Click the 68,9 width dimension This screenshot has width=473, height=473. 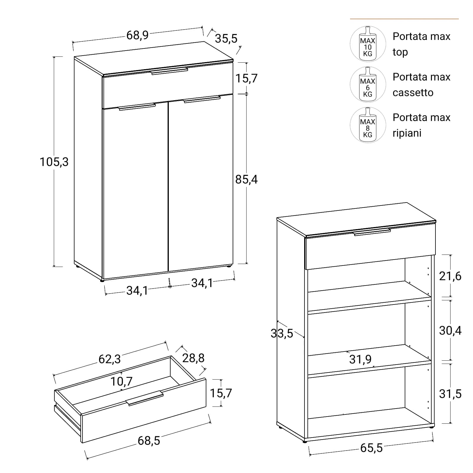(x=137, y=35)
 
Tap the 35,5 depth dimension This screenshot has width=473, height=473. (x=226, y=38)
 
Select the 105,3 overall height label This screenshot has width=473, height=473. (x=54, y=162)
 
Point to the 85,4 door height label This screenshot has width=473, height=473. (x=247, y=179)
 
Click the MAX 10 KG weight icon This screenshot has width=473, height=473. (x=368, y=44)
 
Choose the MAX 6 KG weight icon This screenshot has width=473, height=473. (x=368, y=85)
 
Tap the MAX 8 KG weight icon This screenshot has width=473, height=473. (x=368, y=125)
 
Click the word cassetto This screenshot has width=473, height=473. (x=413, y=93)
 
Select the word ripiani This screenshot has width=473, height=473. (x=407, y=133)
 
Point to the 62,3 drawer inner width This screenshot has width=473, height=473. (x=110, y=359)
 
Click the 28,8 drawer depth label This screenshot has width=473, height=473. (x=193, y=358)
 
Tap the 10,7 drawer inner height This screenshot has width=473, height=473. (x=122, y=381)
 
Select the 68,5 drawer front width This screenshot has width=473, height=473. (x=149, y=441)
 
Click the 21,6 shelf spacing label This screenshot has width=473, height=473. (x=450, y=276)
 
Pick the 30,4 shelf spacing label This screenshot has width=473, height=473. (x=450, y=331)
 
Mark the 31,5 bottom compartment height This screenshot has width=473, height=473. (x=450, y=394)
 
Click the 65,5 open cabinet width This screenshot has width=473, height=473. (x=371, y=448)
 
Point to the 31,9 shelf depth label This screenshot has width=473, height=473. (x=360, y=359)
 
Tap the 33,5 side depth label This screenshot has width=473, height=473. (x=282, y=333)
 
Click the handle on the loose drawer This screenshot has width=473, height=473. (x=145, y=398)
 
